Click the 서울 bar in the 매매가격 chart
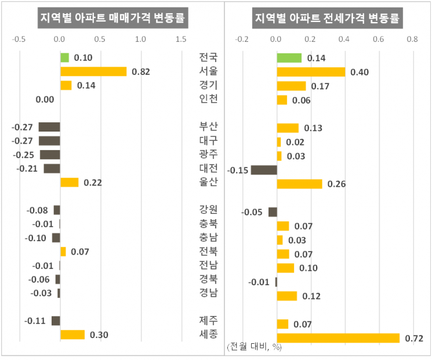click(x=93, y=71)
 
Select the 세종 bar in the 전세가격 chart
click(x=338, y=338)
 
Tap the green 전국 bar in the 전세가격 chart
click(x=289, y=57)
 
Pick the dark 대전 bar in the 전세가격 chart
click(x=264, y=170)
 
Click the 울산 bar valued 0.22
click(x=69, y=182)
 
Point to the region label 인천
click(x=209, y=99)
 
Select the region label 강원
click(x=209, y=210)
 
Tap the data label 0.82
click(x=141, y=72)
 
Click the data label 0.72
click(x=414, y=338)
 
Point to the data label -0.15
click(x=238, y=170)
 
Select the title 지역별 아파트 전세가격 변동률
click(x=328, y=18)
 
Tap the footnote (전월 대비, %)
click(x=254, y=347)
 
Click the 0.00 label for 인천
click(x=45, y=100)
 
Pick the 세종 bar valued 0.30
click(x=72, y=334)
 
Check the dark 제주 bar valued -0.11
click(x=56, y=321)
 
